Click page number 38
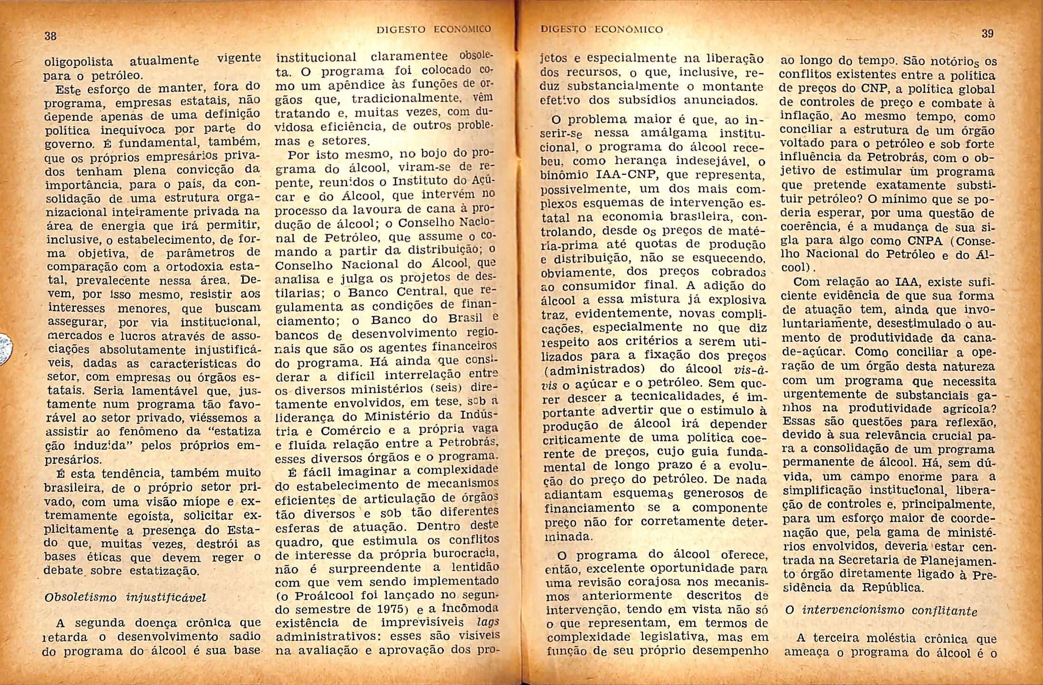coord(50,36)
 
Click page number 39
coord(987,33)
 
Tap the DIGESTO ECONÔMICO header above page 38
coord(433,30)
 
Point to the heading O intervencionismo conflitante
coord(881,611)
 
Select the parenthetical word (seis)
coord(439,389)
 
